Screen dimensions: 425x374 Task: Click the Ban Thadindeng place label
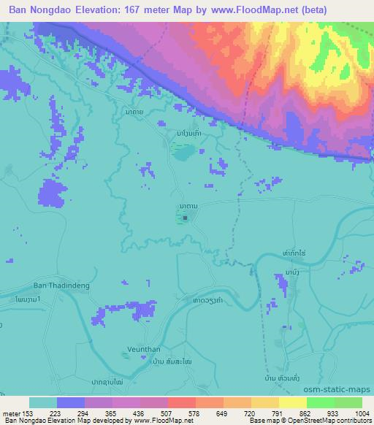(x=59, y=286)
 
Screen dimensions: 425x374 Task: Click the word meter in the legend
(x=11, y=413)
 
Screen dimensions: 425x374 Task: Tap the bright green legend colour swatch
(x=320, y=402)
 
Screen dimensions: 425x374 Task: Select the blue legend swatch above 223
(x=70, y=402)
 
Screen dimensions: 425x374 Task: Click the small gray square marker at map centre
(x=186, y=217)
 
